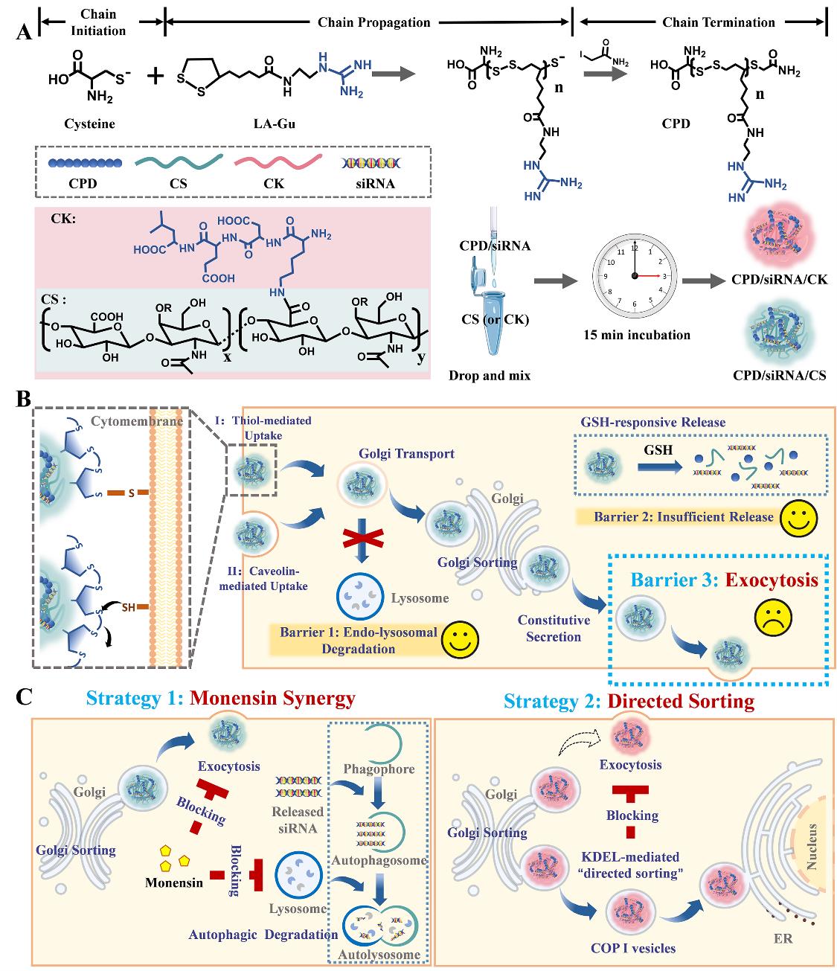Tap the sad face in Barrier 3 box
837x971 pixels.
(x=772, y=615)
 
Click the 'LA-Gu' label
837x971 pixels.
(x=275, y=124)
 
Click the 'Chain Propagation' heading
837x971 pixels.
(x=373, y=22)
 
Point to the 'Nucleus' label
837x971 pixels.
(x=812, y=846)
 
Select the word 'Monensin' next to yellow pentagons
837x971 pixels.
(x=174, y=883)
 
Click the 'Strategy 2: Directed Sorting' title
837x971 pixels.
(x=629, y=701)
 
